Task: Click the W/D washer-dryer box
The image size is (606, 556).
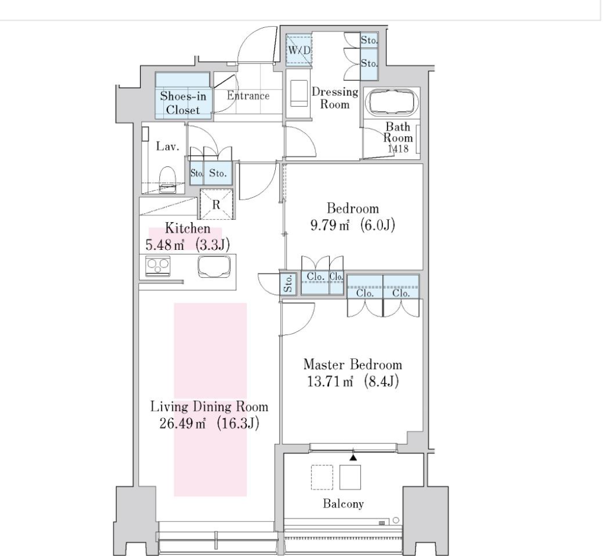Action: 299,50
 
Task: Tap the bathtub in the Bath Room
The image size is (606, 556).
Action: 394,102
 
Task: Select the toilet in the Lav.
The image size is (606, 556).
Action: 168,179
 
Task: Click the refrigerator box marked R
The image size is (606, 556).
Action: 217,204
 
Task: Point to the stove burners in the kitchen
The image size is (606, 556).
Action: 157,266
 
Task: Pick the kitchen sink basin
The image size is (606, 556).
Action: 214,266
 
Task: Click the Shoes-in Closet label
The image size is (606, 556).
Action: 183,103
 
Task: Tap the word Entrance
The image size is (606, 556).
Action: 248,95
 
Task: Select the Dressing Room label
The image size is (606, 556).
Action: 335,98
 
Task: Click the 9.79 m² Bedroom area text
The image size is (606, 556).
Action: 353,224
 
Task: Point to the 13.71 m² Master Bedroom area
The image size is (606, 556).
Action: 353,381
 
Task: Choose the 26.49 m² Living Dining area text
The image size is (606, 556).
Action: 209,423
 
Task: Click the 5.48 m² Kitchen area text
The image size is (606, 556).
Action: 188,245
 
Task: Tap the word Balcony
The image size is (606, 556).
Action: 343,503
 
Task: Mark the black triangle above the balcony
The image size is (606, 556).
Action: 353,457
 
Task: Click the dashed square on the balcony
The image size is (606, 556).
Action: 322,477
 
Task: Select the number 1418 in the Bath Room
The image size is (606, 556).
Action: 398,148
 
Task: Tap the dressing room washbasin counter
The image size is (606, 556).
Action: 299,93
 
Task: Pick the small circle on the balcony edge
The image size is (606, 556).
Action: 396,520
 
